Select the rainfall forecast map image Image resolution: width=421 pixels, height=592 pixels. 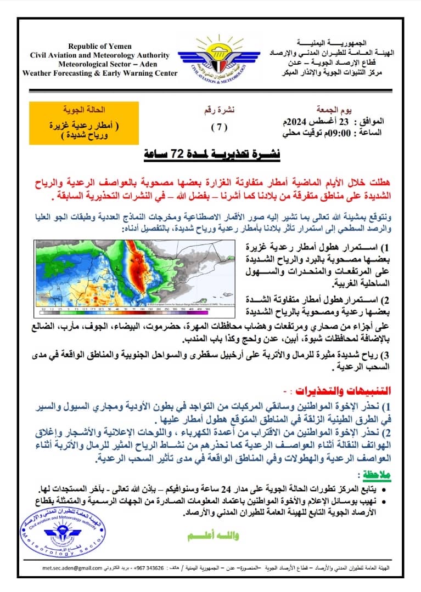133,272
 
